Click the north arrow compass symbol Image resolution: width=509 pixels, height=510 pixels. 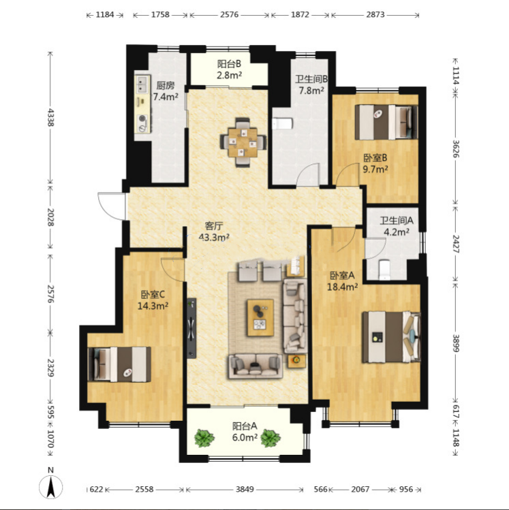[x=51, y=487]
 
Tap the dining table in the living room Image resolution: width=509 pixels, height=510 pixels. [x=243, y=142]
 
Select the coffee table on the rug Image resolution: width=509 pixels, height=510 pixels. [x=260, y=317]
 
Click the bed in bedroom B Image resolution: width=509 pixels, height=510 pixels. [x=386, y=122]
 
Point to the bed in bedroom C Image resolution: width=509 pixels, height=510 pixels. [x=119, y=364]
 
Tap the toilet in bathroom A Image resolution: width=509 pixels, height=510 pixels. [x=385, y=270]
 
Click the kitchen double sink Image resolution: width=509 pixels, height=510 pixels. [x=142, y=84]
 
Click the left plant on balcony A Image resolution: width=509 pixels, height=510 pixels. [x=204, y=438]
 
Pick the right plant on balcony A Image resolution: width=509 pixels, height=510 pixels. [x=270, y=438]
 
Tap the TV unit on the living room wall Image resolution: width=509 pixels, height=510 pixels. [x=191, y=328]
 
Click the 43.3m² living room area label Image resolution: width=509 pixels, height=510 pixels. [x=214, y=238]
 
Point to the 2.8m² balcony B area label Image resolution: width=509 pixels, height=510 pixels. [x=229, y=76]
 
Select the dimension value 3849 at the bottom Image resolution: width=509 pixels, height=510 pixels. [x=245, y=489]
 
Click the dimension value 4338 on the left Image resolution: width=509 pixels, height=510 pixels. [x=51, y=117]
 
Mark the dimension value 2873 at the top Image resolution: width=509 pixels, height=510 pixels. [x=375, y=14]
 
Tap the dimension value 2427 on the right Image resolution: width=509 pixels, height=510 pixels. [x=456, y=244]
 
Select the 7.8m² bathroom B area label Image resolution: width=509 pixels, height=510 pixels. [x=311, y=91]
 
